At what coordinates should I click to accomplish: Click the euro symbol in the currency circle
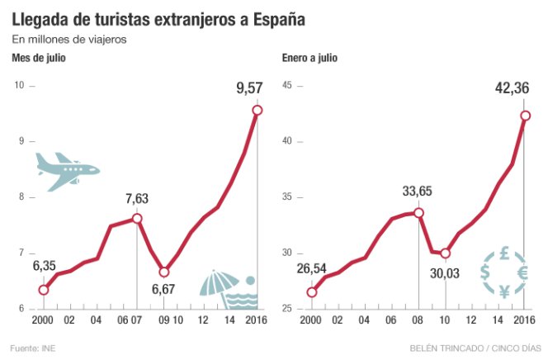522,272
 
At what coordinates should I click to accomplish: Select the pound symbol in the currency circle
503,254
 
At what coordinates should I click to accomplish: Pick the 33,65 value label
418,192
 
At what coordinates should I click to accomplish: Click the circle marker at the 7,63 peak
137,218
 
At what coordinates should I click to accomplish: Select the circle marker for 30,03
446,253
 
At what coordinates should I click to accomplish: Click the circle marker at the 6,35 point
44,289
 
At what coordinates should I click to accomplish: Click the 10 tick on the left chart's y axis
21,85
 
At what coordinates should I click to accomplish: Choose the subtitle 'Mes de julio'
39,58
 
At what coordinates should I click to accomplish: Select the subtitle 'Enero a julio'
309,58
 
